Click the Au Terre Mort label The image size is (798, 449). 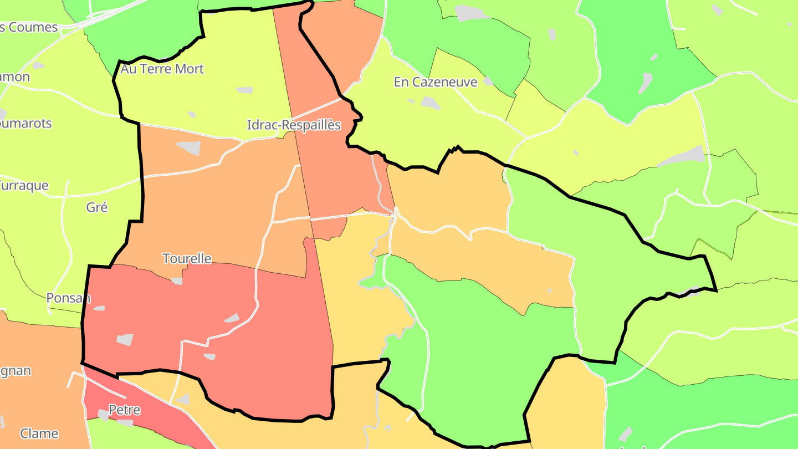pos(162,69)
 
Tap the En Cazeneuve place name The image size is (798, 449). pos(436,83)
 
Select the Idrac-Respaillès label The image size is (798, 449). pos(294,125)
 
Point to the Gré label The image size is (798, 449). pos(97,207)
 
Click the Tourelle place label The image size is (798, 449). pos(187,258)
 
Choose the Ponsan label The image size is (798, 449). pos(68,298)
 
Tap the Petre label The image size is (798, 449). pos(124,410)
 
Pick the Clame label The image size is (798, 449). pos(39,433)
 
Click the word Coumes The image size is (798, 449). pos(33,27)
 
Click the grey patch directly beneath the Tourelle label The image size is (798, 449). pos(177,281)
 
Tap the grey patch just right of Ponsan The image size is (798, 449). pos(99,308)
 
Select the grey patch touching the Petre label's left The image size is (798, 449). pos(103,415)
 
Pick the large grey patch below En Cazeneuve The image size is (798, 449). pos(430,103)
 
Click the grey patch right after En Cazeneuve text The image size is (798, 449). pos(488,81)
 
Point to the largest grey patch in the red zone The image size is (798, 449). pos(125,340)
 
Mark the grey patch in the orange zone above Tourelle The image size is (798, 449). pos(190,148)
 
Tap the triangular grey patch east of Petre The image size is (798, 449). pos(182,399)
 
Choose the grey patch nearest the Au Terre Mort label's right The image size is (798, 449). pos(244,90)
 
